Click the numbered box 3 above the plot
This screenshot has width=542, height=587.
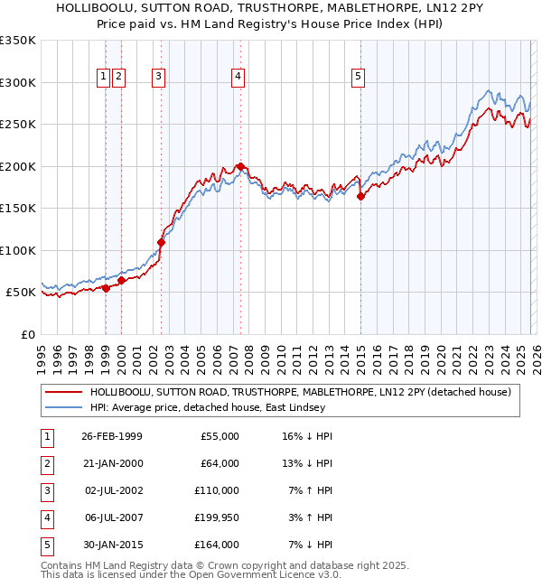158,77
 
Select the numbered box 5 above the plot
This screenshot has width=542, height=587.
359,77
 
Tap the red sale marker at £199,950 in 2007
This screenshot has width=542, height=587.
240,166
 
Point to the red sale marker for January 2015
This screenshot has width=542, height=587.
360,196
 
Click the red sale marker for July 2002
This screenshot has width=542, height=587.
161,242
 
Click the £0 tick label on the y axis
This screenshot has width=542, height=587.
27,334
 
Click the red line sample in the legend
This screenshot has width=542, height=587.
64,392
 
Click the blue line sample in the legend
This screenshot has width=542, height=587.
64,407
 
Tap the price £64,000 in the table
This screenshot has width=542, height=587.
220,463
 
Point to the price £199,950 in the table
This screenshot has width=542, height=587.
217,517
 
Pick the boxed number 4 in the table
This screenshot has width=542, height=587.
44,517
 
